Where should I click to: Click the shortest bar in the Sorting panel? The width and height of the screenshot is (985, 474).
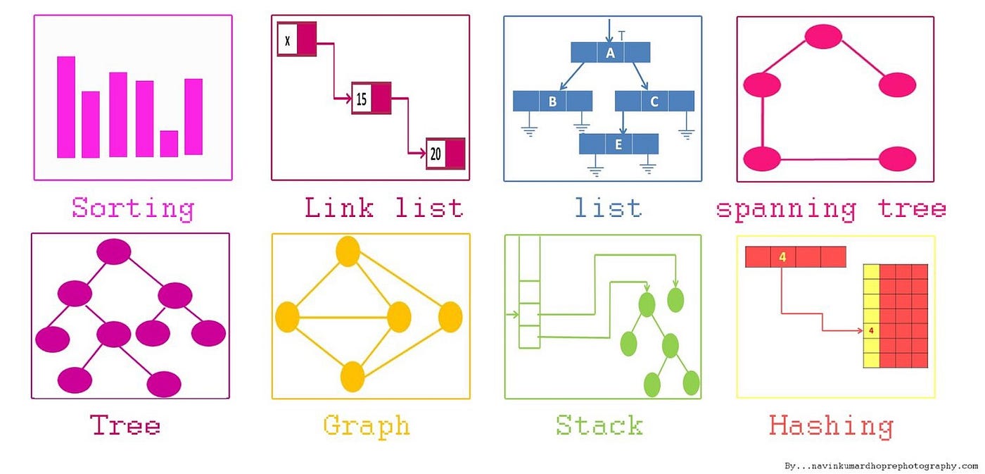pyautogui.click(x=169, y=144)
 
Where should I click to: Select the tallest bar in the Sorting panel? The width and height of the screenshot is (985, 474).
pyautogui.click(x=66, y=106)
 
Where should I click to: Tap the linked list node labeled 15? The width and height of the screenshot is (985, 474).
pyautogui.click(x=371, y=98)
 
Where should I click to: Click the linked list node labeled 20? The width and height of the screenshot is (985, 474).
pyautogui.click(x=445, y=154)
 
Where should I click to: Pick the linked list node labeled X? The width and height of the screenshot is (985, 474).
pyautogui.click(x=296, y=40)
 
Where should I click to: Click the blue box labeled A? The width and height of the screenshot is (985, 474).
pyautogui.click(x=610, y=53)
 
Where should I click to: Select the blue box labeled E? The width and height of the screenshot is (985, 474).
pyautogui.click(x=618, y=144)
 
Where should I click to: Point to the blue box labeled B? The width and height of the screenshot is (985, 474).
pyautogui.click(x=552, y=101)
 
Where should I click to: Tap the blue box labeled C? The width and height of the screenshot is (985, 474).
pyautogui.click(x=654, y=101)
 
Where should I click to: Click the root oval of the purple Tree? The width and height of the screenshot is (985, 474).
pyautogui.click(x=114, y=251)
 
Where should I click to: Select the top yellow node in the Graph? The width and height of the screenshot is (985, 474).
pyautogui.click(x=348, y=252)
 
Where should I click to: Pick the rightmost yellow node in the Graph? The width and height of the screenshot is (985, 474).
pyautogui.click(x=450, y=317)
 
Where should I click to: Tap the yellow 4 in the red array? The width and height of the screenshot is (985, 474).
pyautogui.click(x=782, y=257)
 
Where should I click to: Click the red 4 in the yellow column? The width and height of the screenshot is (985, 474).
pyautogui.click(x=871, y=330)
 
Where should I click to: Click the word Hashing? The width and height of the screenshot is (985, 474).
pyautogui.click(x=830, y=426)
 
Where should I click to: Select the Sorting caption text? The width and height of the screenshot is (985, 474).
pyautogui.click(x=133, y=208)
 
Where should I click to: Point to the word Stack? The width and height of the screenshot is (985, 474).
pyautogui.click(x=599, y=425)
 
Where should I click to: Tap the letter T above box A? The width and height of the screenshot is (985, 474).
pyautogui.click(x=621, y=35)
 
